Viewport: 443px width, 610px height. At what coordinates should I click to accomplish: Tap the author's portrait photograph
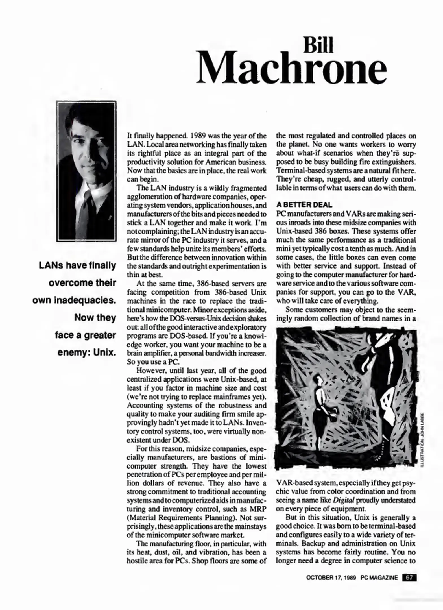click(x=86, y=171)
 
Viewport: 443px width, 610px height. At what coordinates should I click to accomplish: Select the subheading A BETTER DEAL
click(x=304, y=204)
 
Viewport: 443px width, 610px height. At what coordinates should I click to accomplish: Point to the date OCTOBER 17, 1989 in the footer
click(x=331, y=578)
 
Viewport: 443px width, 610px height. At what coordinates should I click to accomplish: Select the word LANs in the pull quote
click(x=50, y=265)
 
